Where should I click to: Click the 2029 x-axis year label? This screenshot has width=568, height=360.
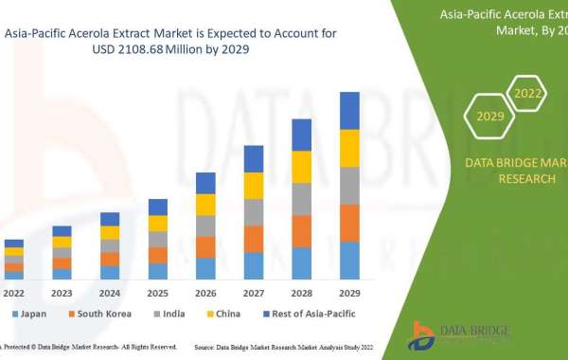(349, 293)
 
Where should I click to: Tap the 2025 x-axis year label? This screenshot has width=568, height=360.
(157, 293)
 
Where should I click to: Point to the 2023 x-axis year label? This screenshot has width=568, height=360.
(62, 293)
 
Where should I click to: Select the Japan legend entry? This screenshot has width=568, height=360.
(29, 313)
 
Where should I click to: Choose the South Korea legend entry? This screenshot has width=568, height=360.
(99, 313)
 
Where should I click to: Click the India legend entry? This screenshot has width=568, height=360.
(169, 313)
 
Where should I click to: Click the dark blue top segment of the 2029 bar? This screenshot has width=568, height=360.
(349, 111)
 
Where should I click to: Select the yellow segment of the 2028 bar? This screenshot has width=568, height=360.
(301, 167)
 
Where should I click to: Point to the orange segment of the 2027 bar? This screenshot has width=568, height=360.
(254, 239)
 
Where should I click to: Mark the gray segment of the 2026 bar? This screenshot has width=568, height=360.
(205, 225)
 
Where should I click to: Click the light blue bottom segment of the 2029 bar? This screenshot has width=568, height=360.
(349, 261)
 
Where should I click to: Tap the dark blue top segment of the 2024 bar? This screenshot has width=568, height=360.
(110, 219)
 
